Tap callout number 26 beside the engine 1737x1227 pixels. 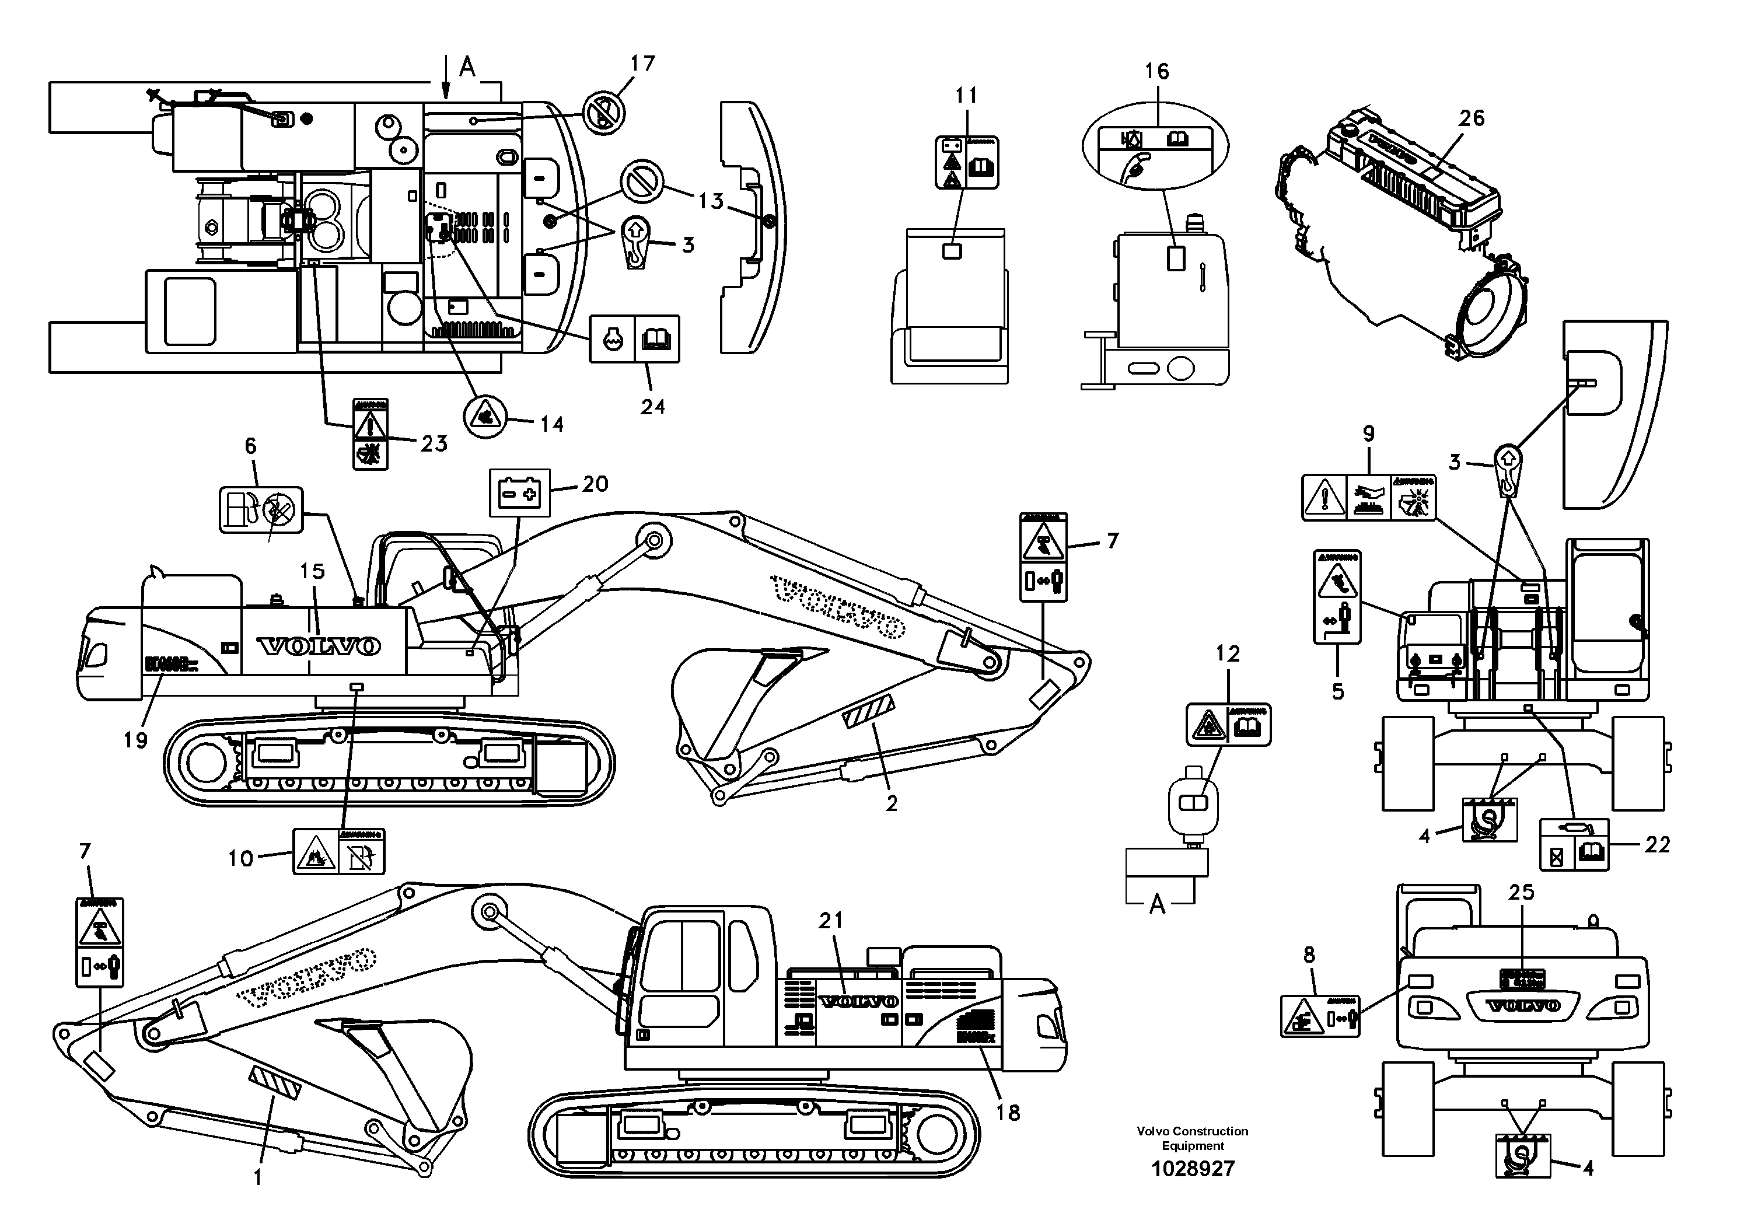pyautogui.click(x=1472, y=118)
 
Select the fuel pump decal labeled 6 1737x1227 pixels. pyautogui.click(x=261, y=509)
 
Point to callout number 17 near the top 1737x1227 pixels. pyautogui.click(x=642, y=64)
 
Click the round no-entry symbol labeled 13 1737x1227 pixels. pyautogui.click(x=642, y=181)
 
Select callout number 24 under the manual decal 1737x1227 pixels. pyautogui.click(x=652, y=407)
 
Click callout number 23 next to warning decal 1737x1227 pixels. pyautogui.click(x=434, y=444)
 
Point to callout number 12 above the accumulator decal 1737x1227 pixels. pyautogui.click(x=1227, y=653)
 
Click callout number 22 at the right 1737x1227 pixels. pyautogui.click(x=1657, y=844)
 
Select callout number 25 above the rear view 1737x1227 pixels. pyautogui.click(x=1521, y=893)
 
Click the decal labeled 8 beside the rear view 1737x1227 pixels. pyautogui.click(x=1319, y=1016)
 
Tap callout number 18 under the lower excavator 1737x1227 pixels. pyautogui.click(x=1008, y=1113)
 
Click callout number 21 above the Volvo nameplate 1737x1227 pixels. pyautogui.click(x=831, y=921)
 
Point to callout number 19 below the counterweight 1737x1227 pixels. pyautogui.click(x=135, y=740)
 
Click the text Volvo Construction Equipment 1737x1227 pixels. pyautogui.click(x=1192, y=1138)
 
